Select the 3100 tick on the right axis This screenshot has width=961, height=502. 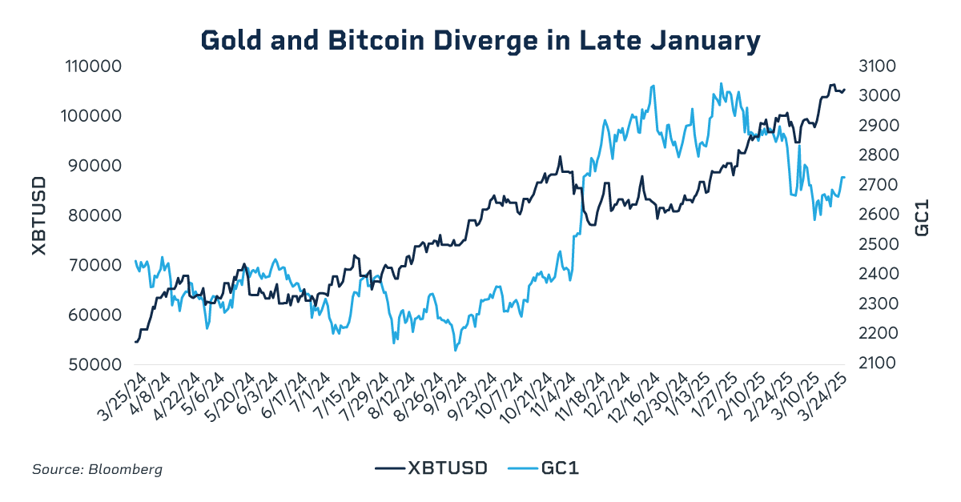[879, 66]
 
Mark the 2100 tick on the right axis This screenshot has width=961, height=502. [879, 364]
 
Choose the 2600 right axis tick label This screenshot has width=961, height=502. [879, 215]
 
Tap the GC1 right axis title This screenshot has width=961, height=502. [923, 215]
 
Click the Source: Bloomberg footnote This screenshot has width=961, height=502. [97, 469]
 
